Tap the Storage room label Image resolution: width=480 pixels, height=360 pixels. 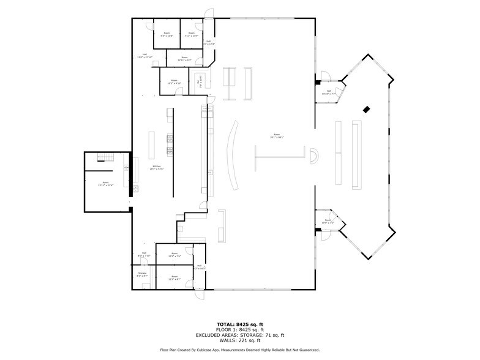pyautogui.click(x=142, y=274)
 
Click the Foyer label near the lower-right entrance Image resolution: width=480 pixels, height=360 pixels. pyautogui.click(x=328, y=221)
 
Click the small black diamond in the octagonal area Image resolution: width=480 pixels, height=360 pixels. pyautogui.click(x=366, y=110)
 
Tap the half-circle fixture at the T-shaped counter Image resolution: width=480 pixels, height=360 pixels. pyautogui.click(x=313, y=156)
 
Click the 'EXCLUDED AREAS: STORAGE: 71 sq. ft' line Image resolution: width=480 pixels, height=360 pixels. pyautogui.click(x=240, y=335)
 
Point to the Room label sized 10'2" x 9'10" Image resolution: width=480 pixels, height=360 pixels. pyautogui.click(x=174, y=82)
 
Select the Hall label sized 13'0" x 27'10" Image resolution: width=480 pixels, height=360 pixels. pyautogui.click(x=144, y=56)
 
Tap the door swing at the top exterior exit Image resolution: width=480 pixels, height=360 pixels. pyautogui.click(x=209, y=13)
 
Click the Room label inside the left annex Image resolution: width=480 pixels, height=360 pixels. pyautogui.click(x=106, y=184)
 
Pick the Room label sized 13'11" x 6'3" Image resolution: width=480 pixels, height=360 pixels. pyautogui.click(x=185, y=59)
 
